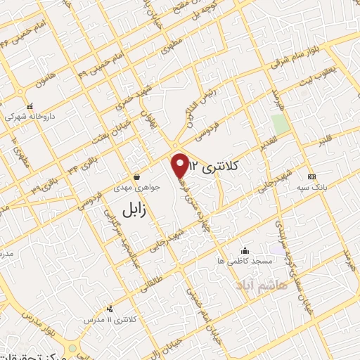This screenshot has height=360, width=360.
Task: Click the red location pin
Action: pos(181,165)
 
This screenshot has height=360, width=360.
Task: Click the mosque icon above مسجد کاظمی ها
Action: pos(245,250)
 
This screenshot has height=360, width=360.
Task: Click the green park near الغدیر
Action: pos(281,124)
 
